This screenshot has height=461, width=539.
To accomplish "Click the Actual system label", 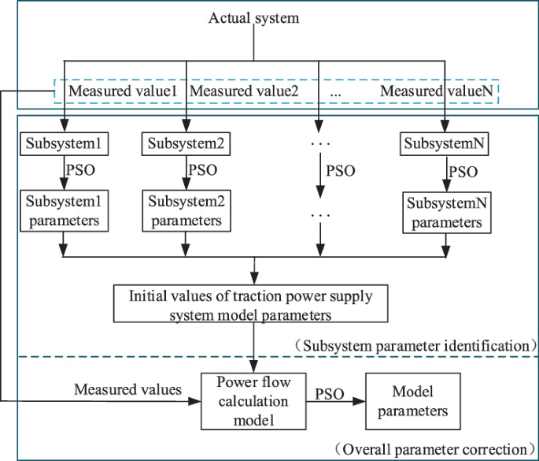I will pyautogui.click(x=253, y=17).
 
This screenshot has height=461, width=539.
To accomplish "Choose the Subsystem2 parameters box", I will pyautogui.click(x=185, y=210).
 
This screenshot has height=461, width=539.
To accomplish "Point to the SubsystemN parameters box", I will pyautogui.click(x=443, y=212).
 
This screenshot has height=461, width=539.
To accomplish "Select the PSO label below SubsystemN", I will pyautogui.click(x=463, y=172).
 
